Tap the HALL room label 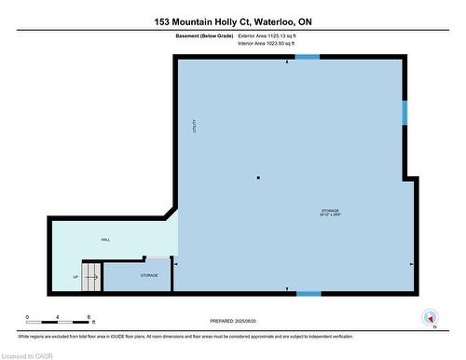(x=106, y=240)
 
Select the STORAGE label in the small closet (x=149, y=275)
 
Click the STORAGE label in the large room (x=330, y=213)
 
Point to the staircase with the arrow (x=91, y=275)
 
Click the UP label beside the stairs (x=75, y=277)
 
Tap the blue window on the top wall (x=308, y=56)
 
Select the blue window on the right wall (x=404, y=112)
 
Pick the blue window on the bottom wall (x=308, y=294)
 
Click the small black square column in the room (x=258, y=177)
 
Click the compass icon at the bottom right (x=430, y=316)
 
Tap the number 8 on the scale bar (x=89, y=317)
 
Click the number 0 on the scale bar (x=28, y=317)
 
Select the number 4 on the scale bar (x=58, y=317)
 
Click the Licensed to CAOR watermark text (x=28, y=354)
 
